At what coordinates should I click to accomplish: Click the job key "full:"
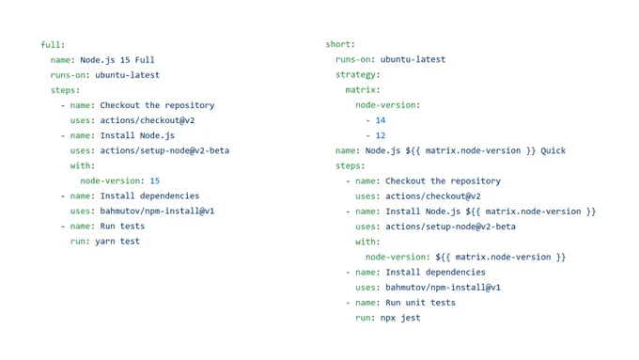coord(53,45)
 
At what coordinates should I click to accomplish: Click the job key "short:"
coord(340,44)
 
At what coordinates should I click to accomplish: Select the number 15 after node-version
coord(155,180)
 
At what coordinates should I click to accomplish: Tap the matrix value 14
coord(381,120)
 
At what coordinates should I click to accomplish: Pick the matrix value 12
coord(381,135)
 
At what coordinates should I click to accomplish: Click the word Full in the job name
coord(145,60)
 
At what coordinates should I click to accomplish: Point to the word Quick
coord(553,150)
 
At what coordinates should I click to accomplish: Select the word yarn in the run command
coord(105,242)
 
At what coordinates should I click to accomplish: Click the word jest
coord(410,318)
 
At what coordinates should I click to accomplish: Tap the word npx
coord(387,319)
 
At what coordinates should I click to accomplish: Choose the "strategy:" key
coord(357,74)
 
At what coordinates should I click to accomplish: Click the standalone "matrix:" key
coord(363,89)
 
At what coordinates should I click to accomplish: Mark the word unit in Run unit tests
coord(415,303)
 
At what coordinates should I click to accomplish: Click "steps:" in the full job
coord(65,90)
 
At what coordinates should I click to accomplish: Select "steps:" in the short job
coord(351,166)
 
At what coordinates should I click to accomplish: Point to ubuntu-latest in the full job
coord(127,75)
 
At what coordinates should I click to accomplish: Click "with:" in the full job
coord(83,165)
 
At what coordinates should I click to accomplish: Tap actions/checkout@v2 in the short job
coord(433,196)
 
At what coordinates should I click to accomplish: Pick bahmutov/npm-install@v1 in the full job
coord(157,211)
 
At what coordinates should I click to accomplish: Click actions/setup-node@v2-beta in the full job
coord(164,150)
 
